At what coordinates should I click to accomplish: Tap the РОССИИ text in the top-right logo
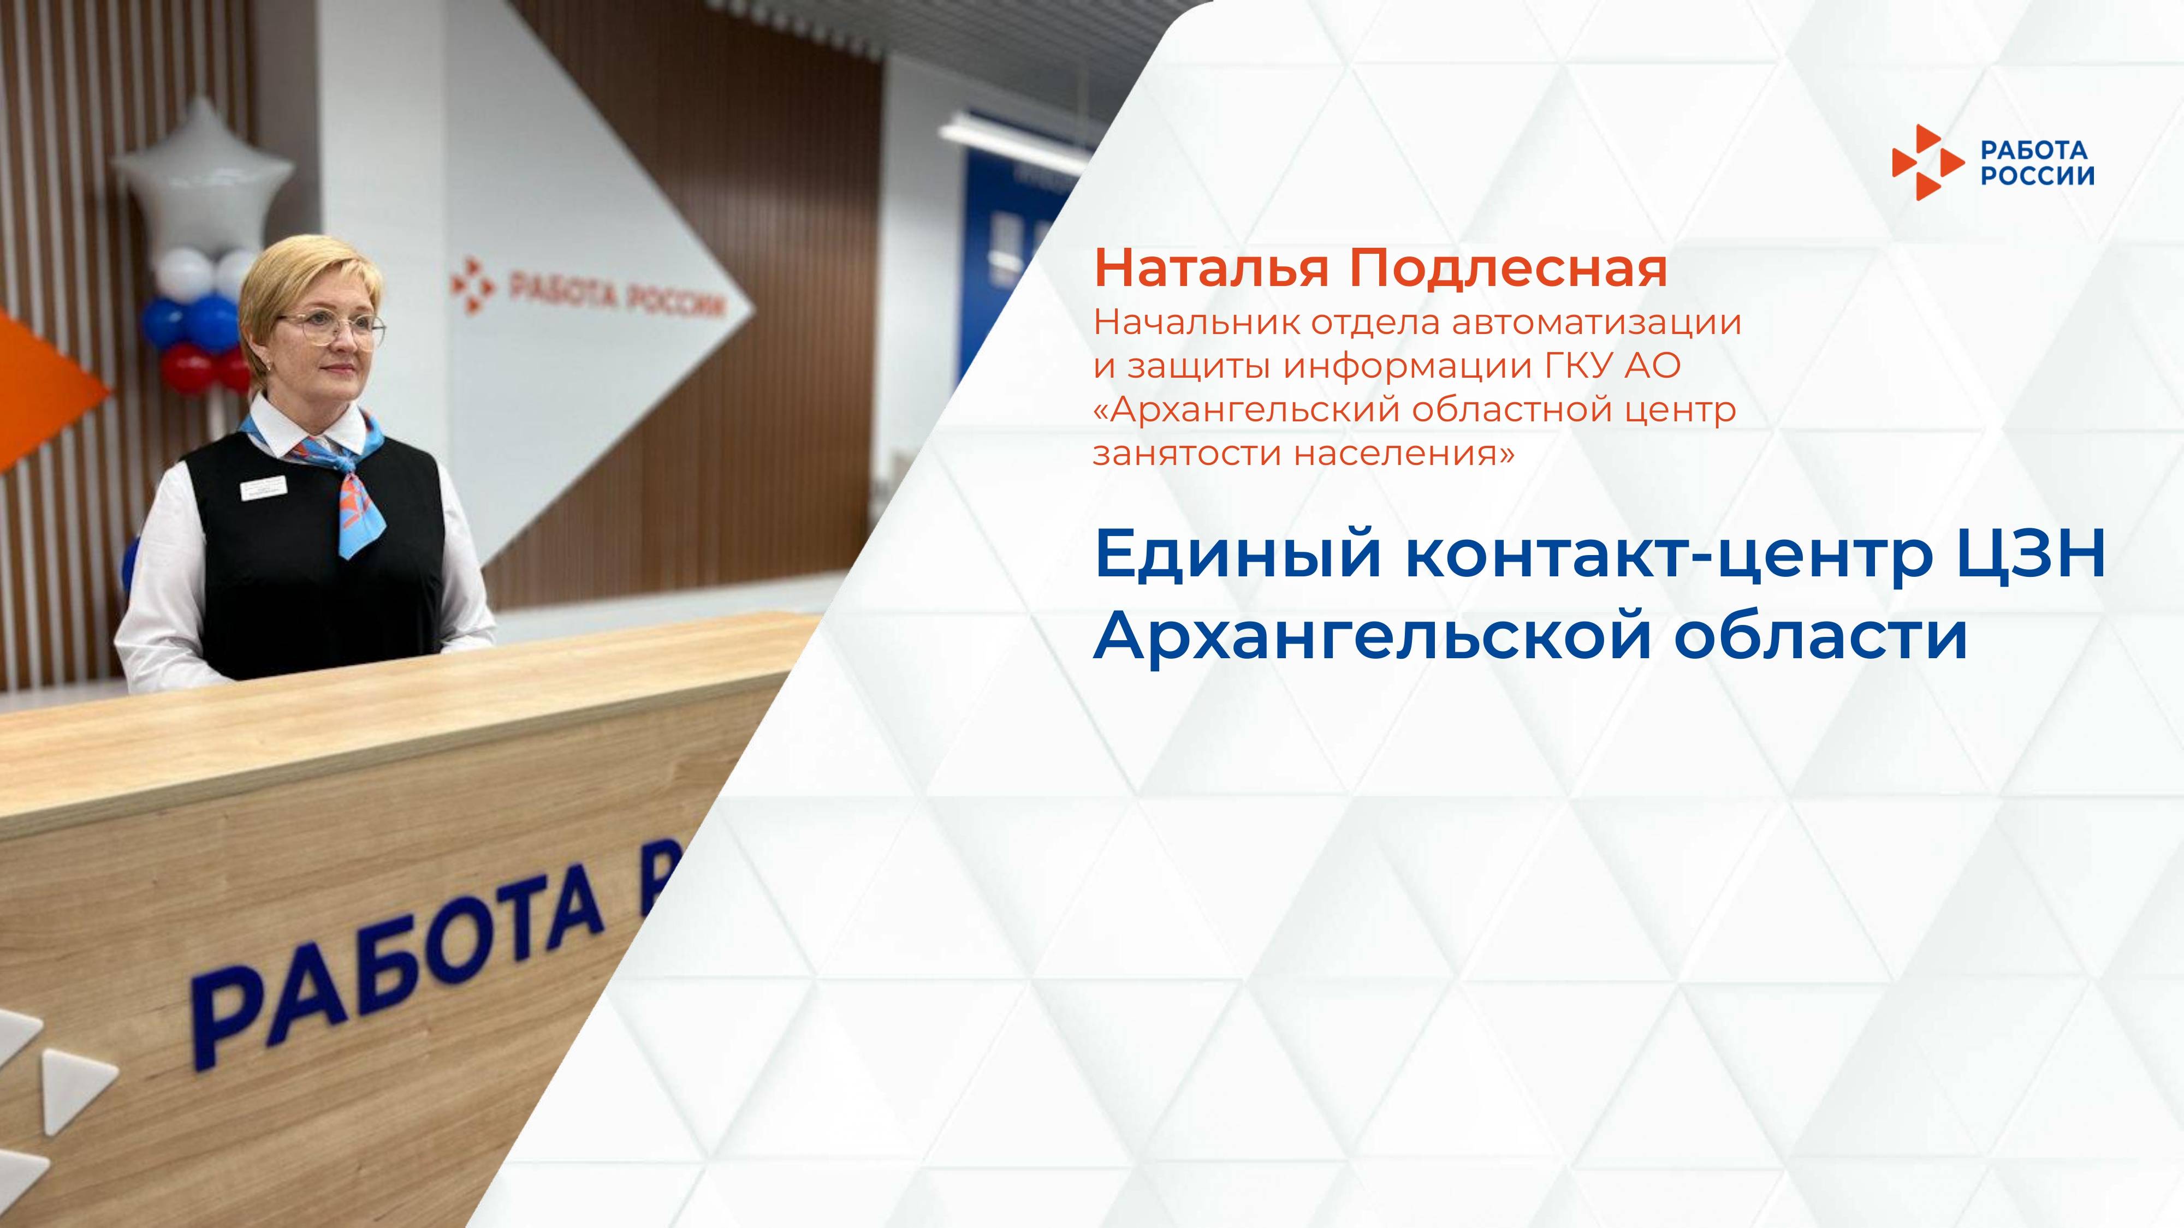(2037, 175)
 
